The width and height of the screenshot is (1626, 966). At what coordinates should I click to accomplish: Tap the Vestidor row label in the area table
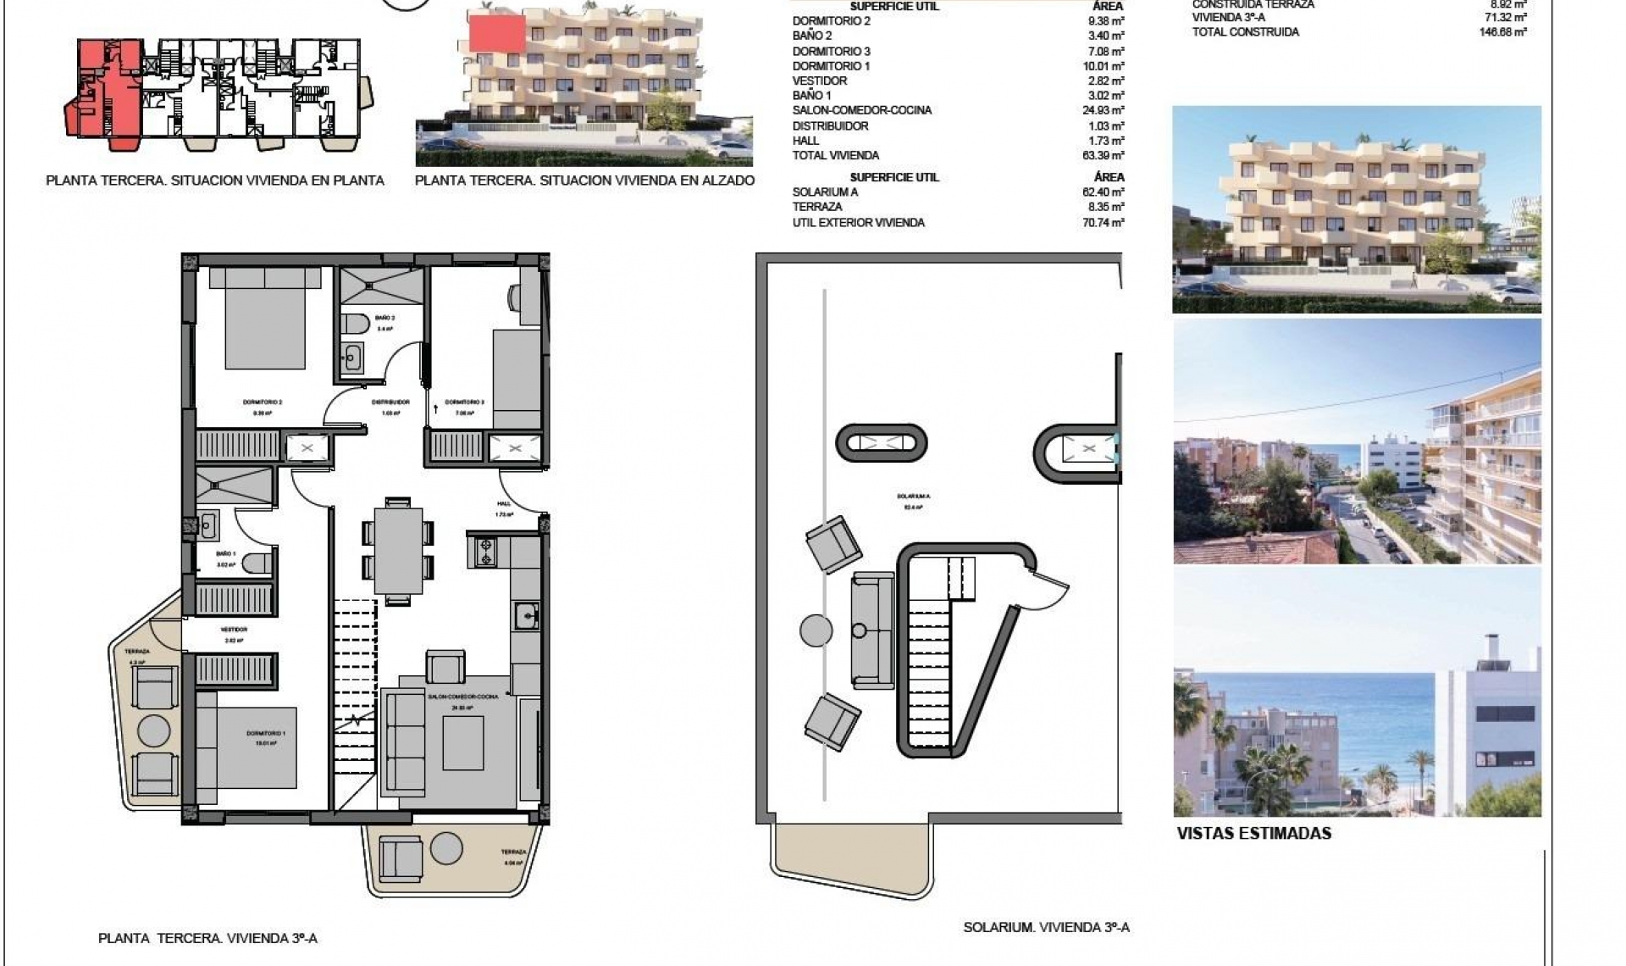[x=820, y=80]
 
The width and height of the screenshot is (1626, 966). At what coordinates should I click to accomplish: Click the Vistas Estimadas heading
[x=1253, y=834]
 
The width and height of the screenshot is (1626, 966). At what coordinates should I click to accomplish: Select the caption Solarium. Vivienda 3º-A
[x=1046, y=928]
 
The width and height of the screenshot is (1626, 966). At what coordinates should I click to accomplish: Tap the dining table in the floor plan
[x=398, y=551]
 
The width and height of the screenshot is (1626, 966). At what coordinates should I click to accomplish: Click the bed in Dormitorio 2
[x=265, y=318]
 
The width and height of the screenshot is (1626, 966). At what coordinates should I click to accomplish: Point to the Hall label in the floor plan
[x=504, y=503]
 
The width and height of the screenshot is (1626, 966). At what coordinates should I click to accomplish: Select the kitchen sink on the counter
[x=527, y=615]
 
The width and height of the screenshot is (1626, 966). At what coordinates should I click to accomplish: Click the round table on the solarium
[x=816, y=630]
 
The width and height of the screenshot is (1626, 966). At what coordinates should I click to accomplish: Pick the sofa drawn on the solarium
[x=872, y=630]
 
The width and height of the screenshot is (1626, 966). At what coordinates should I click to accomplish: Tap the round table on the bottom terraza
[x=445, y=848]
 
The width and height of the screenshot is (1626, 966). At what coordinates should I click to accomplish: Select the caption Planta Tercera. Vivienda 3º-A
[x=207, y=939]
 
